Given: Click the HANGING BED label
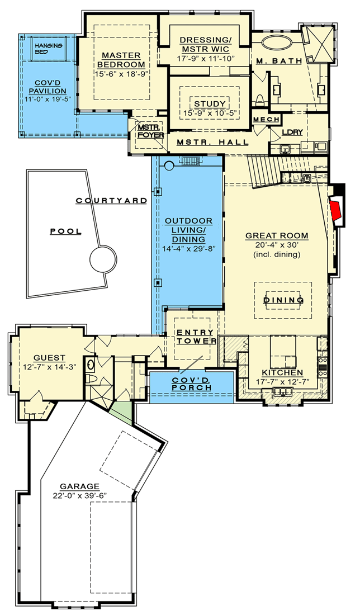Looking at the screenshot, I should tap(49, 48).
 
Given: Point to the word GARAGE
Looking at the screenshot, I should tap(81, 486).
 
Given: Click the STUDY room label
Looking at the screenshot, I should tap(210, 104).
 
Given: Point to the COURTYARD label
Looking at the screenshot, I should tap(112, 200).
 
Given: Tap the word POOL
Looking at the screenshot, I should tap(65, 231).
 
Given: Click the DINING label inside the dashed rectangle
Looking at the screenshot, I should tap(283, 300).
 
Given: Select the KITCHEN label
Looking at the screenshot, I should tap(283, 373).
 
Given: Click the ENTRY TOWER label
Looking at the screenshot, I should tap(196, 337).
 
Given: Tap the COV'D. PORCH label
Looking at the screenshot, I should tap(191, 384).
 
